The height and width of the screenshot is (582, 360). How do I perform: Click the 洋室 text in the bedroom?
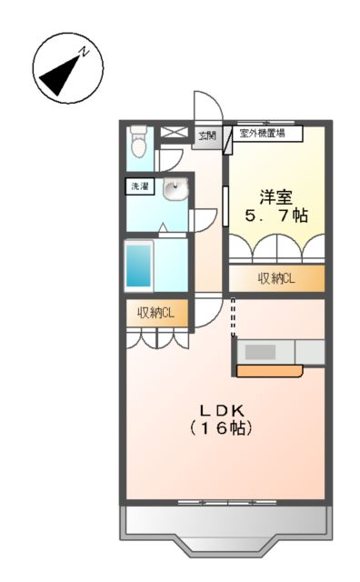pyautogui.click(x=275, y=195)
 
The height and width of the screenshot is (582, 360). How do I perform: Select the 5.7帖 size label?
pyautogui.click(x=275, y=216)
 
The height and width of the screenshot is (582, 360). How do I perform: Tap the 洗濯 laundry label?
pyautogui.click(x=140, y=187)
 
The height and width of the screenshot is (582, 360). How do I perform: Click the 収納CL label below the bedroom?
pyautogui.click(x=275, y=278)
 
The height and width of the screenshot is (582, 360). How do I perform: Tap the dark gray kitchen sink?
pyautogui.click(x=263, y=352)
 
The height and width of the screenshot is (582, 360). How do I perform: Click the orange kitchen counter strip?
pyautogui.click(x=270, y=371)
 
